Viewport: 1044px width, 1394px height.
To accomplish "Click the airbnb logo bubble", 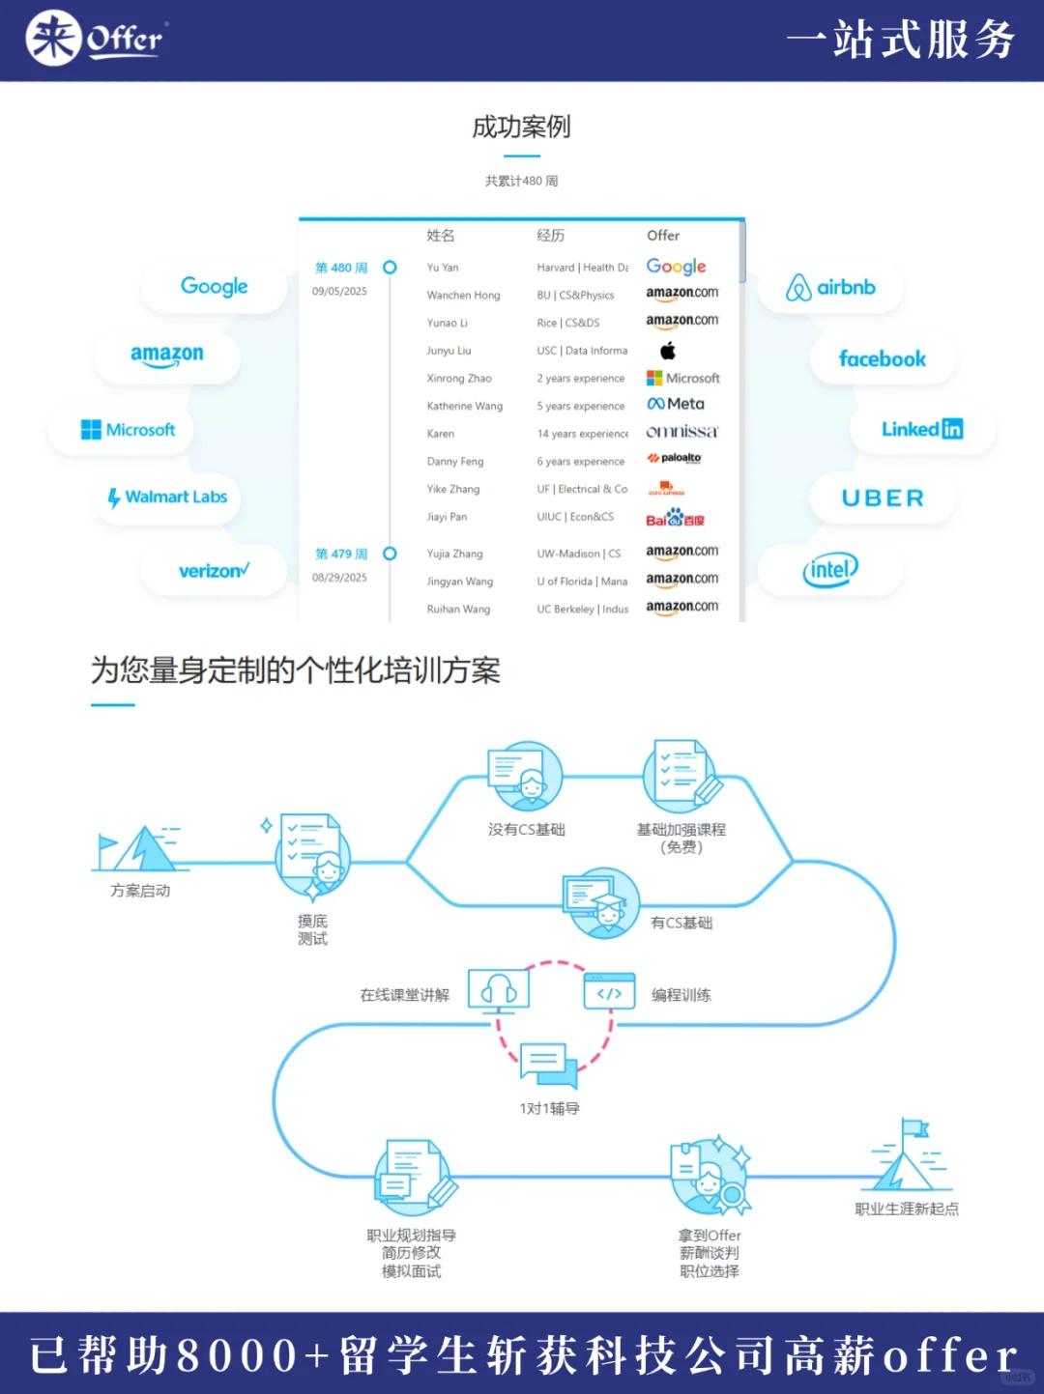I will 831,288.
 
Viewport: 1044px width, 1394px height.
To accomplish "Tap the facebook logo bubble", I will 882,359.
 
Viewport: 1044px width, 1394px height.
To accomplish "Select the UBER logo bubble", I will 883,498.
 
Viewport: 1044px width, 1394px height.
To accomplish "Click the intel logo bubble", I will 830,570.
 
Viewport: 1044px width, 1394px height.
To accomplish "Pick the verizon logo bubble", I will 214,571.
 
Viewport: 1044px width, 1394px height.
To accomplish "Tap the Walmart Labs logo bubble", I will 168,498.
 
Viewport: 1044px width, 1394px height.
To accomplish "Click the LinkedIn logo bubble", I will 921,429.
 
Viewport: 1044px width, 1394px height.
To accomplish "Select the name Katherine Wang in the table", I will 464,407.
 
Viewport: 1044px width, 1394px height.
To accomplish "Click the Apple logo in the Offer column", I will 667,351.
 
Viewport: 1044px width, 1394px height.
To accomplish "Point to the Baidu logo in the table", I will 675,518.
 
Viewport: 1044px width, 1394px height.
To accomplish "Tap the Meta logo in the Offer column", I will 676,405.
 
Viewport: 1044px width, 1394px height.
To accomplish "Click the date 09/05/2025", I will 339,292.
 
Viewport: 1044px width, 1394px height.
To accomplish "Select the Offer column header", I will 663,236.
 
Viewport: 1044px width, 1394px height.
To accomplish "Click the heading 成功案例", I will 521,127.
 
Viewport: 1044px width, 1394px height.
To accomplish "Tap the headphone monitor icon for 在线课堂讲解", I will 499,990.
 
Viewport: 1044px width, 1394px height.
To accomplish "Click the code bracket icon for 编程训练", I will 609,992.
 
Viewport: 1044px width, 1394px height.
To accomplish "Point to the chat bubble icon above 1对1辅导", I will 547,1063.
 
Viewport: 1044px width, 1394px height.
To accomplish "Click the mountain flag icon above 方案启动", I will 137,849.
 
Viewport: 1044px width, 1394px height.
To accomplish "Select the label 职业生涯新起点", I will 907,1209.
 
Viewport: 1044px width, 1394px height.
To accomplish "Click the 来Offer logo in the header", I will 96,39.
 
